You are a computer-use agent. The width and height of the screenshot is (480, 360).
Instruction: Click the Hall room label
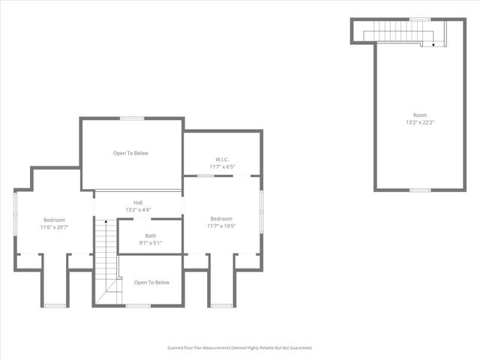tap(138, 202)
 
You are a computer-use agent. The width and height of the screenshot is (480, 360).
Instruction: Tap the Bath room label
tap(151, 235)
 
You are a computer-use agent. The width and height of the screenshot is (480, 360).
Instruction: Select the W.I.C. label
tap(222, 159)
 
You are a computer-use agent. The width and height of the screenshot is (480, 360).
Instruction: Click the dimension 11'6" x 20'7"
tap(54, 226)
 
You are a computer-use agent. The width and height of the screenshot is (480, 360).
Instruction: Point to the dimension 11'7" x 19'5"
tap(221, 226)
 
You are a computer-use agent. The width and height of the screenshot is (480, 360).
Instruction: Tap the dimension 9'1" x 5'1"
tap(151, 242)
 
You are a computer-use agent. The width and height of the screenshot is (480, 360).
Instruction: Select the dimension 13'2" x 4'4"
tap(138, 210)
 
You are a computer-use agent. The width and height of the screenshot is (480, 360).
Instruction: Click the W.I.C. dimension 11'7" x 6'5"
tap(222, 166)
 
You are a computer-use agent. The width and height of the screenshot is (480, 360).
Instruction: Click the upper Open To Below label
tap(130, 153)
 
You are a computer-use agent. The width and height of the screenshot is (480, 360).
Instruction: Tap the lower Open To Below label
tap(151, 283)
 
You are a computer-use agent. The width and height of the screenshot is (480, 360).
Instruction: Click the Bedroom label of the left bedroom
tap(54, 219)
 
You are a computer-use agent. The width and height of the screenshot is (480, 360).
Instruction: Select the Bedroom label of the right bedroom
tap(221, 219)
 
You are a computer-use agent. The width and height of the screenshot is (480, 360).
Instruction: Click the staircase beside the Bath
tap(106, 255)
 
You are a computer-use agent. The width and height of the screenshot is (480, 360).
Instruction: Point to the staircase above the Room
tap(397, 31)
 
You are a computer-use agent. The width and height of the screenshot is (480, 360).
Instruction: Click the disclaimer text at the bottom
tap(239, 348)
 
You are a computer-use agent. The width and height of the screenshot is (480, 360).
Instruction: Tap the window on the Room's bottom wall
tap(419, 190)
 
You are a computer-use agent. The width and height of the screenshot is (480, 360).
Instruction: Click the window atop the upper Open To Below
tap(132, 118)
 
